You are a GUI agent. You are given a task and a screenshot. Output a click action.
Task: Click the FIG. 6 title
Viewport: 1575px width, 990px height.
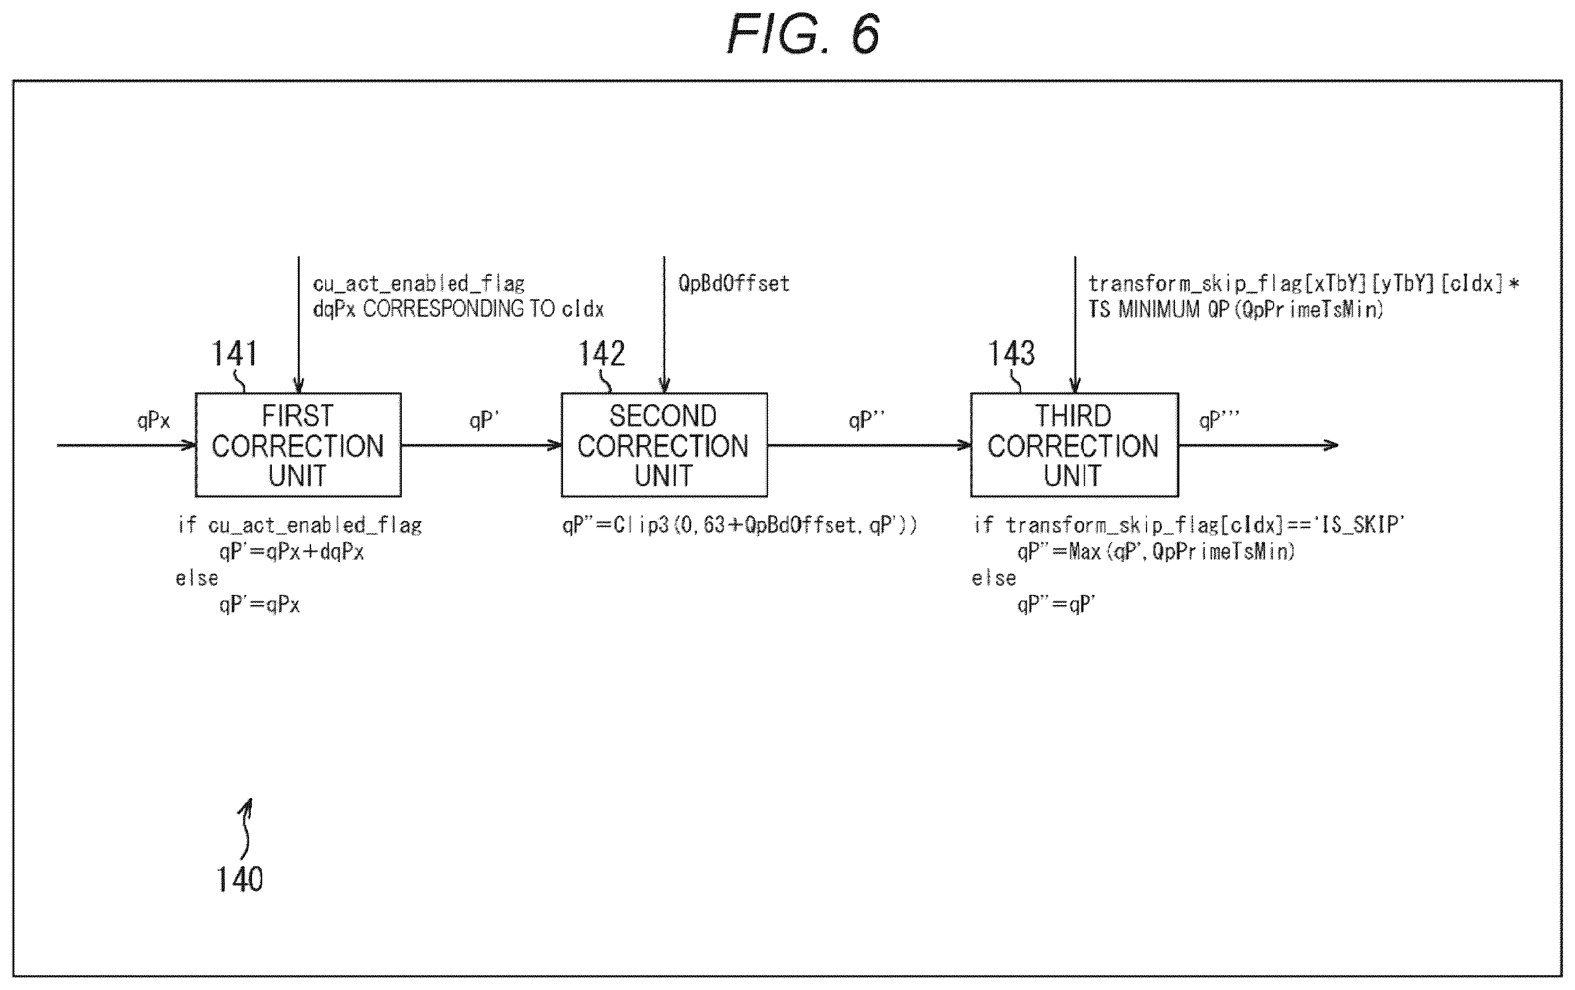[x=803, y=34]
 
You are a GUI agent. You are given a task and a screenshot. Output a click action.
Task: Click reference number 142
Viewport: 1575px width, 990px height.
[x=601, y=354]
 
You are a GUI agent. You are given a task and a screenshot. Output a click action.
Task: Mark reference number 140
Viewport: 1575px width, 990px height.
[x=240, y=879]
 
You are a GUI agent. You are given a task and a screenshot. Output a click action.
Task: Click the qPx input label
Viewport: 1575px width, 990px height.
[x=153, y=421]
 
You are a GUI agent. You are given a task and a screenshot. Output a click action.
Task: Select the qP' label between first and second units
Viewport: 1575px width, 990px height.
[x=484, y=420]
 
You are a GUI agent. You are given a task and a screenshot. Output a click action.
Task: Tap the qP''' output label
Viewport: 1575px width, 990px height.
[x=1219, y=420]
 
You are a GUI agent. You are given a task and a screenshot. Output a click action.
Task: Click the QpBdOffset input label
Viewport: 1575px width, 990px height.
[x=734, y=283]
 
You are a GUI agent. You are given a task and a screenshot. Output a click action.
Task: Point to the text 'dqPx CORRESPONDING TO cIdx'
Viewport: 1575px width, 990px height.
[x=458, y=309]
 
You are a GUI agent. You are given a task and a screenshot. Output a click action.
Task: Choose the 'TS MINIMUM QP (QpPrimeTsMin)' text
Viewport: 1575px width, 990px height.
[x=1236, y=309]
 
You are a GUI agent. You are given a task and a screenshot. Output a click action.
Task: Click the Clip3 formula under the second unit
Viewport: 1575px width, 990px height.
[x=740, y=525]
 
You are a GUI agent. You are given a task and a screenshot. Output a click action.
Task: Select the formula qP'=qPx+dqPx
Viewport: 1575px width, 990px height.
[x=292, y=552]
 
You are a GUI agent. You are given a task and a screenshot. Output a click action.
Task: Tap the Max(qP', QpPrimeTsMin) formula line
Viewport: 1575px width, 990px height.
[x=1156, y=552]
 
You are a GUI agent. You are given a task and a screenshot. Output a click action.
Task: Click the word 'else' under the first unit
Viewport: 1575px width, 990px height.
[x=197, y=578]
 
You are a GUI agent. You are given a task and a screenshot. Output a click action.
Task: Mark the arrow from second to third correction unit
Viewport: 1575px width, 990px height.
[x=870, y=446]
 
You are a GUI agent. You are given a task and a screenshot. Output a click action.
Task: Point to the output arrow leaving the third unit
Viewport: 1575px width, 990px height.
[x=1258, y=446]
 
